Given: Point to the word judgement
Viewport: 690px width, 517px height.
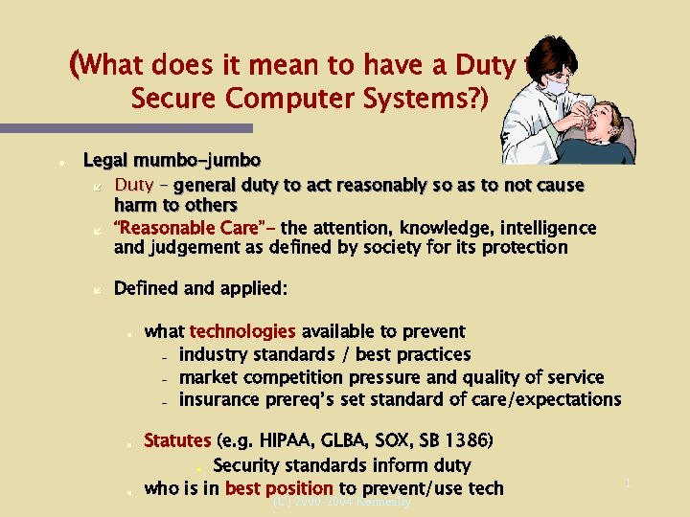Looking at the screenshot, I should click(188, 247).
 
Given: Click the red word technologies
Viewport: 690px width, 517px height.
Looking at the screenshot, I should click(242, 331).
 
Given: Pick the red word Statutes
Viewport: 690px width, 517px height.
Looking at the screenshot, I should click(177, 440).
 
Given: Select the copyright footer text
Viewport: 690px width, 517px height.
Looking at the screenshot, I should click(342, 501).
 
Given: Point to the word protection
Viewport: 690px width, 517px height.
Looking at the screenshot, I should click(524, 247).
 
